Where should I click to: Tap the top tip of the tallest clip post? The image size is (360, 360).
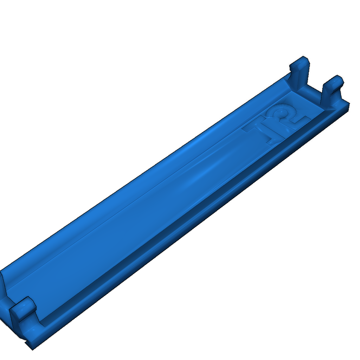click(303, 56)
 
